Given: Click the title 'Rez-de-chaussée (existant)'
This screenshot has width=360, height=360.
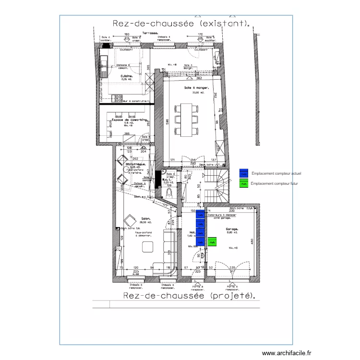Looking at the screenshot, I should pyautogui.click(x=180, y=23).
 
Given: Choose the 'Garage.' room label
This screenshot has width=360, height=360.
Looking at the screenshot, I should pyautogui.click(x=232, y=229).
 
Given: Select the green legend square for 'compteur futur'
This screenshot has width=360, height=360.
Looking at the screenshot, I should pyautogui.click(x=243, y=183).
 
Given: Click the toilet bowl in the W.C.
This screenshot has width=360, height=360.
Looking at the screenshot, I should pyautogui.click(x=169, y=193).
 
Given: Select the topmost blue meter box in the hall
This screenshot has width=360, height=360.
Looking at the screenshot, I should pyautogui.click(x=200, y=215).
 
